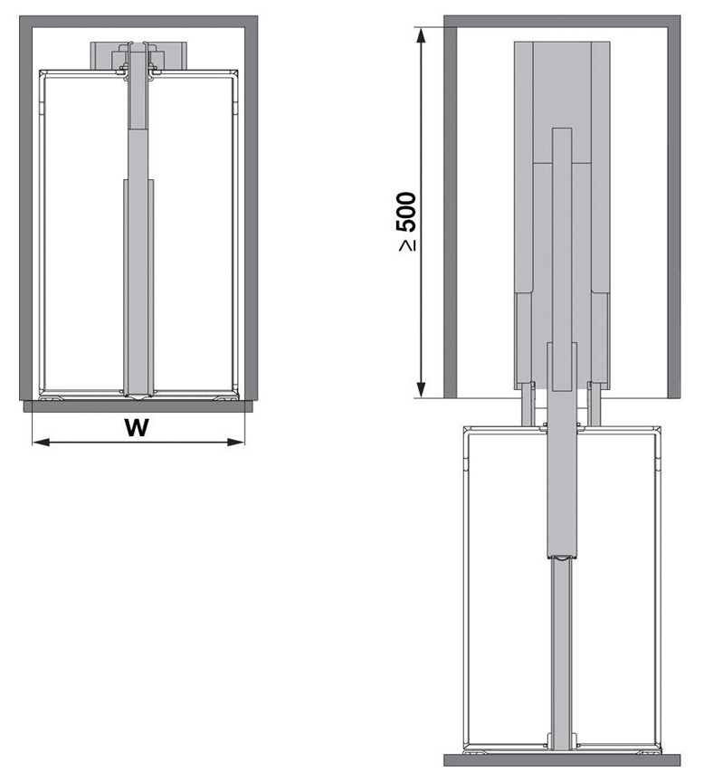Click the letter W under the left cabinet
click(137, 428)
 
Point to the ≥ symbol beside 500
click(408, 244)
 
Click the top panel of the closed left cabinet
click(136, 22)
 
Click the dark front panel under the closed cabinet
click(136, 406)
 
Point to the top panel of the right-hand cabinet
click(561, 21)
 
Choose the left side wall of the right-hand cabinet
click(450, 208)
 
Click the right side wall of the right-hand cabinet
click(674, 208)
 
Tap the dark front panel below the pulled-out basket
click(561, 759)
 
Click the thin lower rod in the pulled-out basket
click(561, 652)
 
